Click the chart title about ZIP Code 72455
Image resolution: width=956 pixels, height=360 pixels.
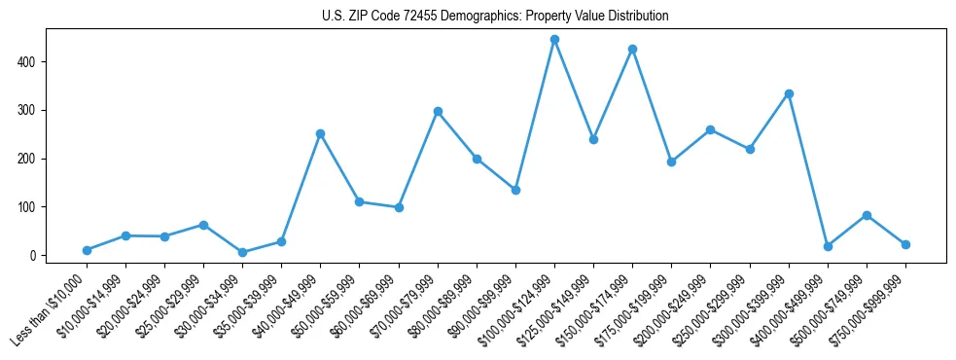click(495, 17)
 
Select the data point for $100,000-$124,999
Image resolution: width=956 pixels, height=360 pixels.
click(554, 40)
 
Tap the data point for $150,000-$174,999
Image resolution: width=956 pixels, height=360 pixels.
click(632, 49)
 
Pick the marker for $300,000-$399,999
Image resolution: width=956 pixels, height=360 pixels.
click(789, 93)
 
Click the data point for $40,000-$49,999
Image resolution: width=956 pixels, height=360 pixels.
click(320, 133)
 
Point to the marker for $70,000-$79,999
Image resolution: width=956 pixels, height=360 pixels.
click(438, 111)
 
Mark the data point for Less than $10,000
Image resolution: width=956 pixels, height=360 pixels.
click(87, 250)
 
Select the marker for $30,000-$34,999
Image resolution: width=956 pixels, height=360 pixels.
click(242, 252)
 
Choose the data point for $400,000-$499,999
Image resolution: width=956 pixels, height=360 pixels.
click(828, 246)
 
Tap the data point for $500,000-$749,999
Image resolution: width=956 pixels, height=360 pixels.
click(867, 215)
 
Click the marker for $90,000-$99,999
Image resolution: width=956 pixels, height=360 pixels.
click(515, 190)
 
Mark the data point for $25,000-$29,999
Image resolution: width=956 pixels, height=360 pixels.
click(203, 225)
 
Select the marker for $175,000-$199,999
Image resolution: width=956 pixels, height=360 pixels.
click(671, 162)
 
